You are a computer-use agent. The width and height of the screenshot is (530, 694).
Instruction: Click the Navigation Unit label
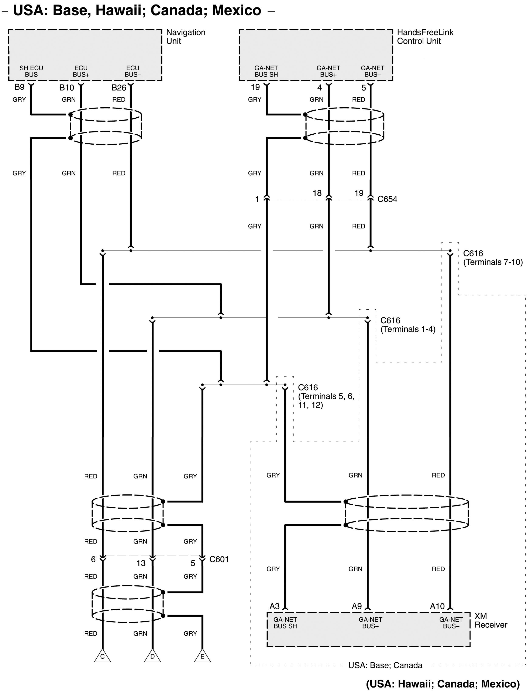[186, 37]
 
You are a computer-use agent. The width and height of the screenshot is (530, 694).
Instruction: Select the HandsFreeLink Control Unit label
[425, 37]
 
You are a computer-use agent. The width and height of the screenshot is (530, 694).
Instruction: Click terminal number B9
[19, 87]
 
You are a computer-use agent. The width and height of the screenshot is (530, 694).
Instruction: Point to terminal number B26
[119, 88]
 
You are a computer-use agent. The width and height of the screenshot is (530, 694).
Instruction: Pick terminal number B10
[66, 88]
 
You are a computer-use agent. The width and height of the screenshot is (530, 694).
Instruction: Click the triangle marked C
[102, 657]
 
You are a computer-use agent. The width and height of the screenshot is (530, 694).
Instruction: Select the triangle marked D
[152, 657]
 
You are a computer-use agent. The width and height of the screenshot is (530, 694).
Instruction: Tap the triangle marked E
[202, 657]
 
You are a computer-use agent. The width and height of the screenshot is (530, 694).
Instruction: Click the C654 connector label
[387, 199]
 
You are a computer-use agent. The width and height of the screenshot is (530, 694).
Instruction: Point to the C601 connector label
[219, 559]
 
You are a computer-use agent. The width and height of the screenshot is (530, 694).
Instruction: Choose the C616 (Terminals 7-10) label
[492, 257]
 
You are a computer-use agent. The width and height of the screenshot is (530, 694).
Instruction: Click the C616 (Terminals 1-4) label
[408, 325]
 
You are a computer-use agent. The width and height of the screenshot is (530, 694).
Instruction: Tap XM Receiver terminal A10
[437, 606]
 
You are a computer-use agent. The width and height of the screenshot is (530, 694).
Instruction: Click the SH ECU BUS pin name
[31, 71]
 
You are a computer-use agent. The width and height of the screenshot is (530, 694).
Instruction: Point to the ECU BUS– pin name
[132, 71]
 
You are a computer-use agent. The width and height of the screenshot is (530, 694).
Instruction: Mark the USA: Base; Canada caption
[385, 665]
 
